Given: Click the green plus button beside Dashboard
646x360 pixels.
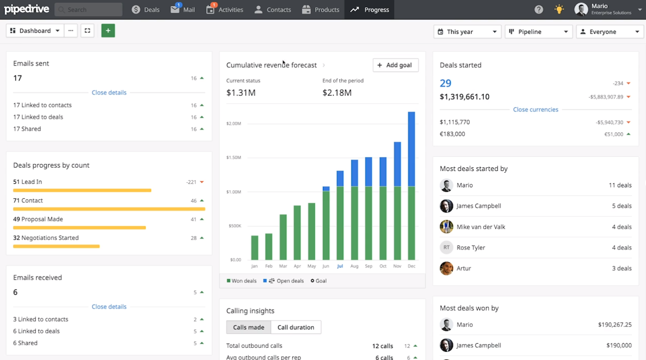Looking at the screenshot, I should coord(108,30).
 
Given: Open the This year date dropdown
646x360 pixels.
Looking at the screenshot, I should coord(467,32).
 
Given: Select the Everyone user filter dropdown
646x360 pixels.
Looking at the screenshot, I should coord(609,32).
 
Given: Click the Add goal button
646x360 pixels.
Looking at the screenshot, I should coord(395,65).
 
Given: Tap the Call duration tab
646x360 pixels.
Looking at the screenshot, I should coord(296,327).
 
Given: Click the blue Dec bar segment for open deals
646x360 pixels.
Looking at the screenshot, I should coord(412,148).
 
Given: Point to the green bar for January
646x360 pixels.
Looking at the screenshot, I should coord(255,247).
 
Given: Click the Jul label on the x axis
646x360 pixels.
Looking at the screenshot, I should coord(340,266).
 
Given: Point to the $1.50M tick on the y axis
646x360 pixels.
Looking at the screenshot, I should coord(234,157).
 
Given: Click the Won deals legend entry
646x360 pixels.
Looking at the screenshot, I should coord(242,281).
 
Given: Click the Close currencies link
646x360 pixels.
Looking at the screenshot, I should coord(535,109).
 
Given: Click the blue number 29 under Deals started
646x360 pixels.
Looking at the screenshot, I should coord(445,83).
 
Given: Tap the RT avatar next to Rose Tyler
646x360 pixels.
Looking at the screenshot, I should coord(446,247).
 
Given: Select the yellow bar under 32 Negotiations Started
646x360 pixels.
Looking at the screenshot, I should coord(56,246).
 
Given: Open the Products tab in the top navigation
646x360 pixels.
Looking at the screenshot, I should coord(321,10).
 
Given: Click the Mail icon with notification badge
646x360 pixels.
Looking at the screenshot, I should coord(175,9).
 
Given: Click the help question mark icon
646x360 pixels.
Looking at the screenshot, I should coord(539,10).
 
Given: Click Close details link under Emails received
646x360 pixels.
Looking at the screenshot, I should coord(109,307).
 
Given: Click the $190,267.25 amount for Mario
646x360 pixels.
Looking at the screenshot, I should coord(614,325).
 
